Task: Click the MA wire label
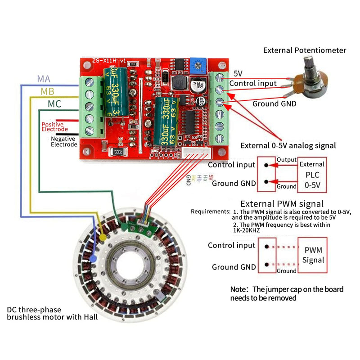coord(44,79)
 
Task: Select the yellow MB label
coord(47,91)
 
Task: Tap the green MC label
coord(54,104)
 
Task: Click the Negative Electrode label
coord(63,142)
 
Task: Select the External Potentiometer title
coord(305,50)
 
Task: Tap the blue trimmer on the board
coord(196,66)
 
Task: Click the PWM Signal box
coord(313,255)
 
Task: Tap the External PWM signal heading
coord(282,204)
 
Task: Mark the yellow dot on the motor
coord(103,236)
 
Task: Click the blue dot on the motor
coord(93,258)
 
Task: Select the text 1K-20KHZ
coord(247,230)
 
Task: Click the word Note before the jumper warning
coord(239,289)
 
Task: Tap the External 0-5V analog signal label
coord(288,145)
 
